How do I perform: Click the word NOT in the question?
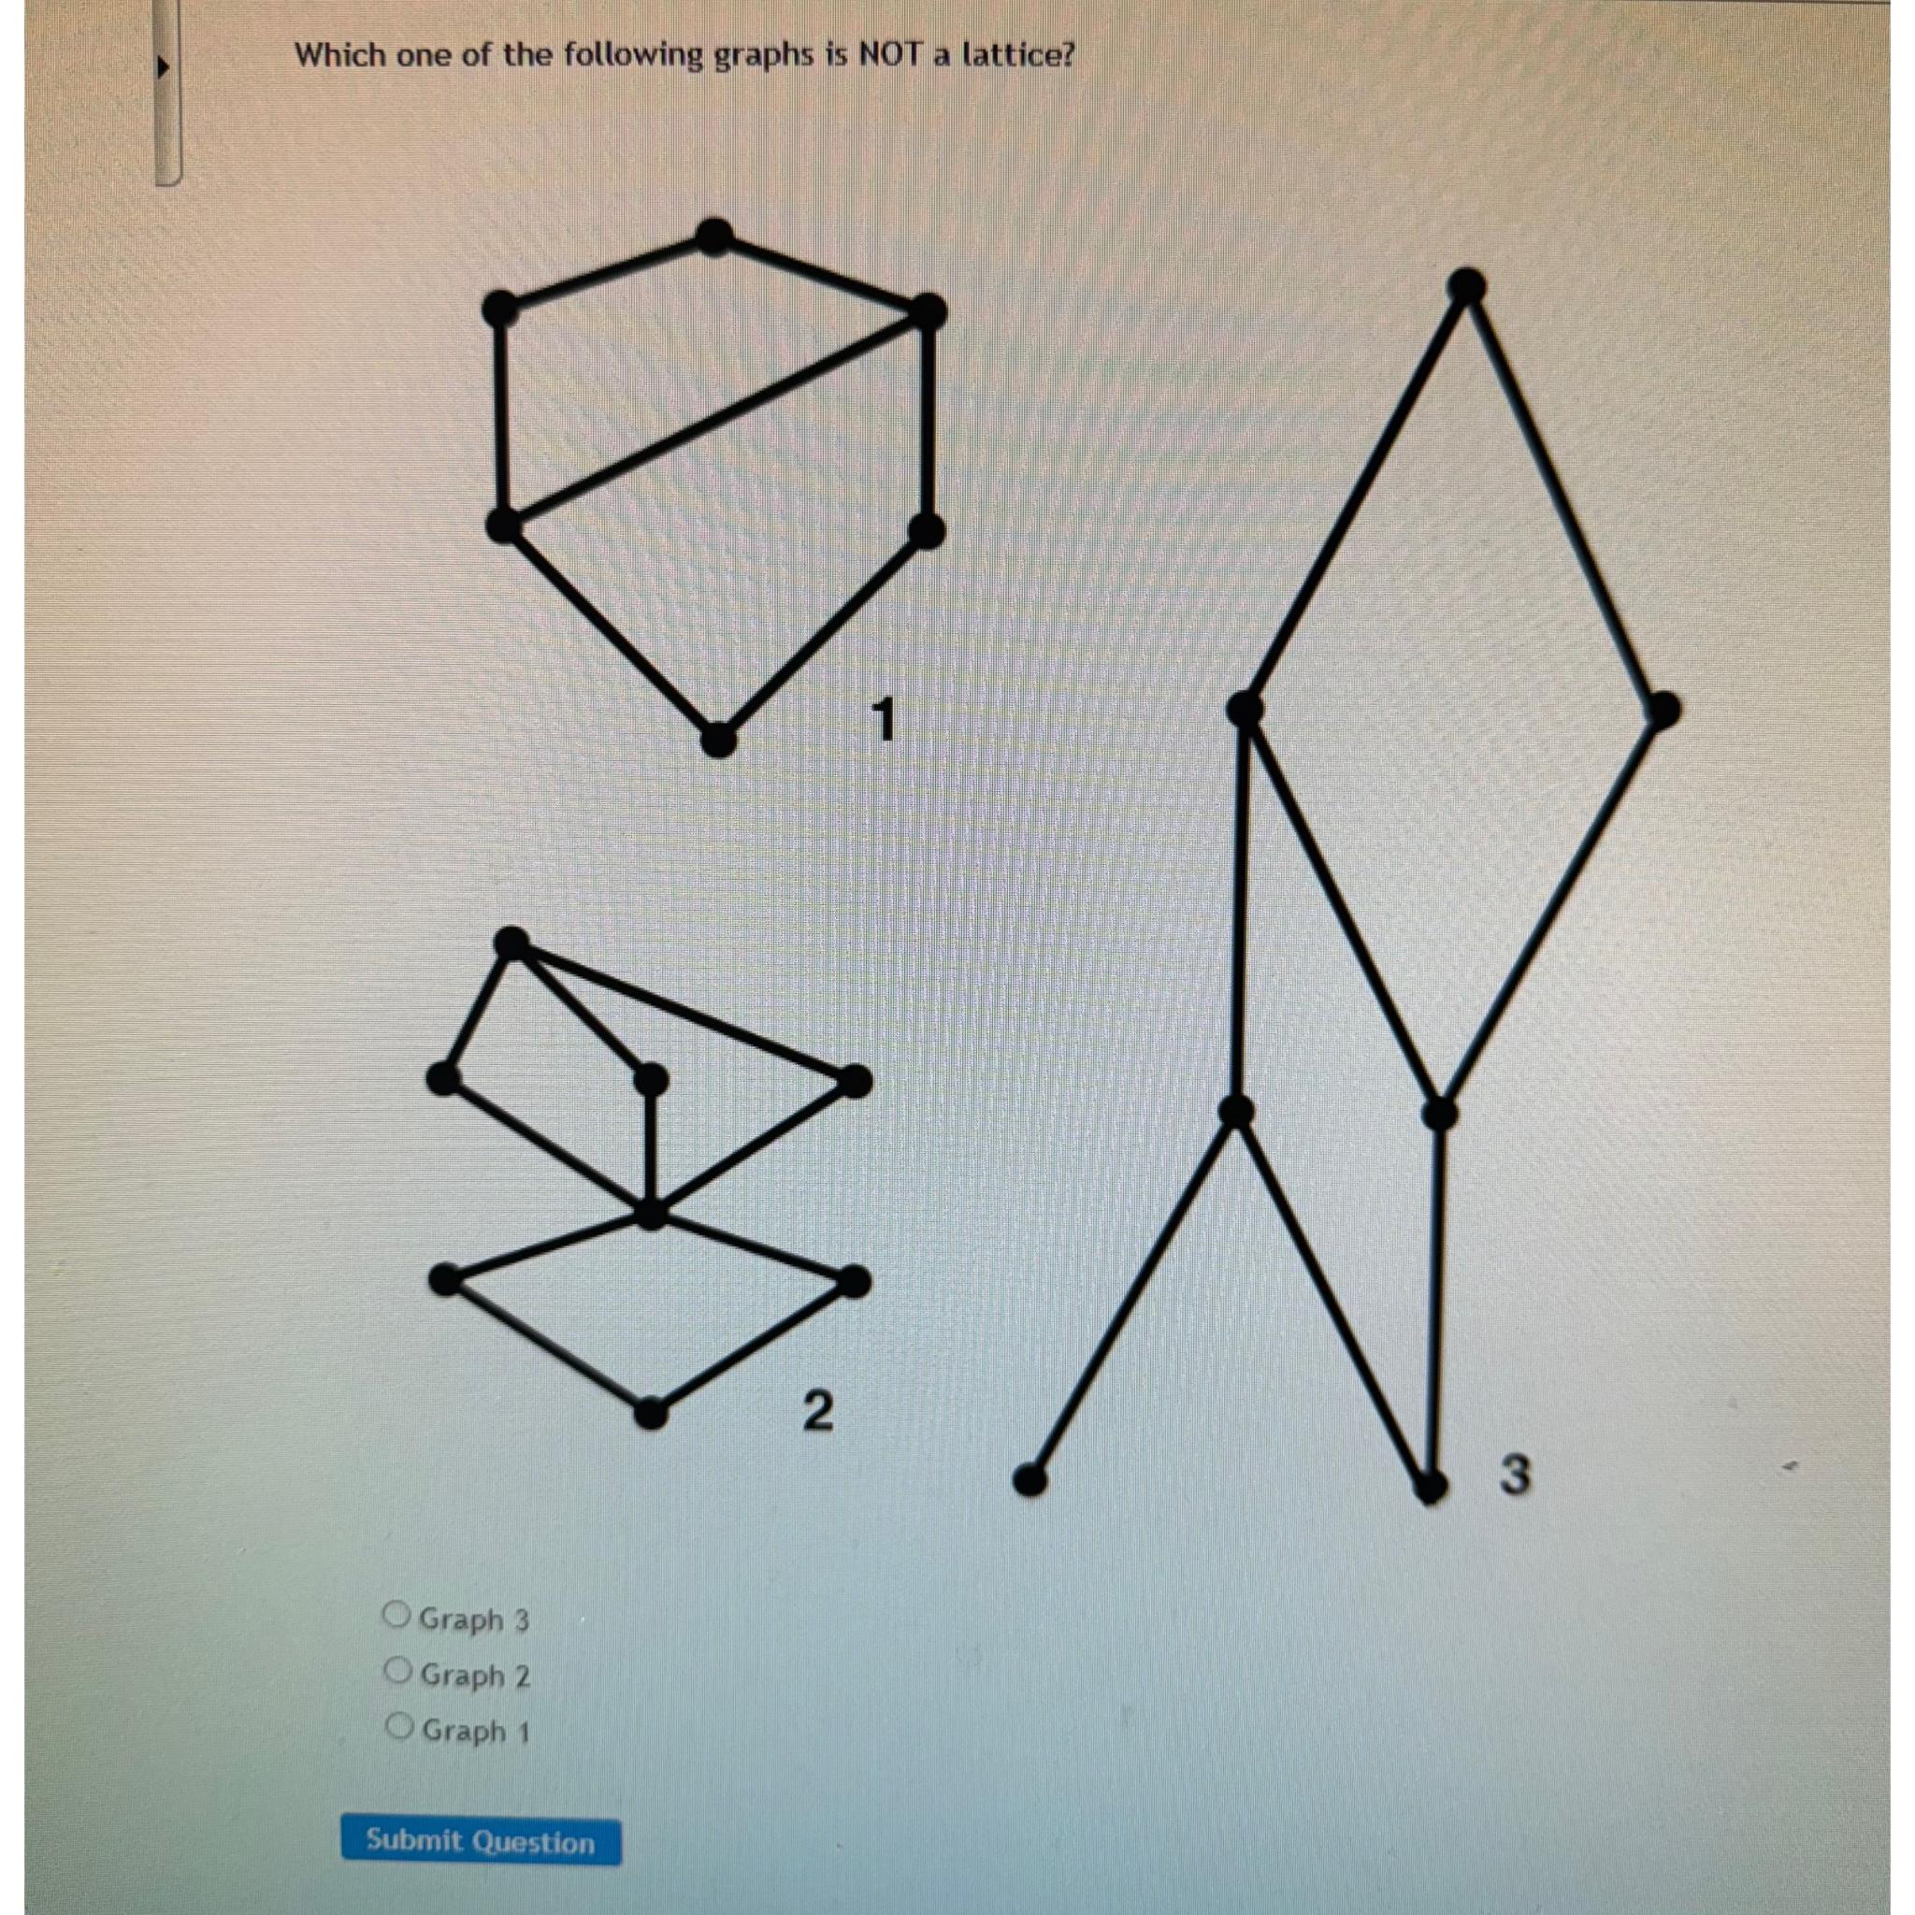point(889,55)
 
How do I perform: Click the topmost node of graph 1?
point(713,236)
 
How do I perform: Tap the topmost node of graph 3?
point(1466,286)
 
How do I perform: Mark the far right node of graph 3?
point(1664,710)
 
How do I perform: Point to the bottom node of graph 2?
point(649,1414)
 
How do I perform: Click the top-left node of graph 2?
point(512,943)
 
